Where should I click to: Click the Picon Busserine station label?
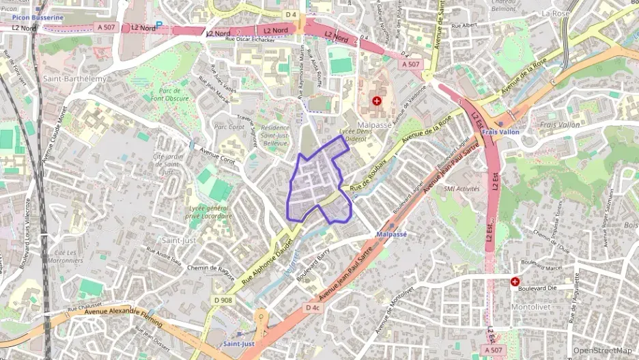38,17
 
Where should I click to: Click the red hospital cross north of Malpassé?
376,101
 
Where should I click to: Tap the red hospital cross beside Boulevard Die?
515,281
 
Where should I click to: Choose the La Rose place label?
554,13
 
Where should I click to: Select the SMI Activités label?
461,189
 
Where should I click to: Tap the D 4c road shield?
313,307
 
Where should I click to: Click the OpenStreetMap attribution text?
602,350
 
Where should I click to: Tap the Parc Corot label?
229,126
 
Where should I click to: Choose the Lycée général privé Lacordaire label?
208,211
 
